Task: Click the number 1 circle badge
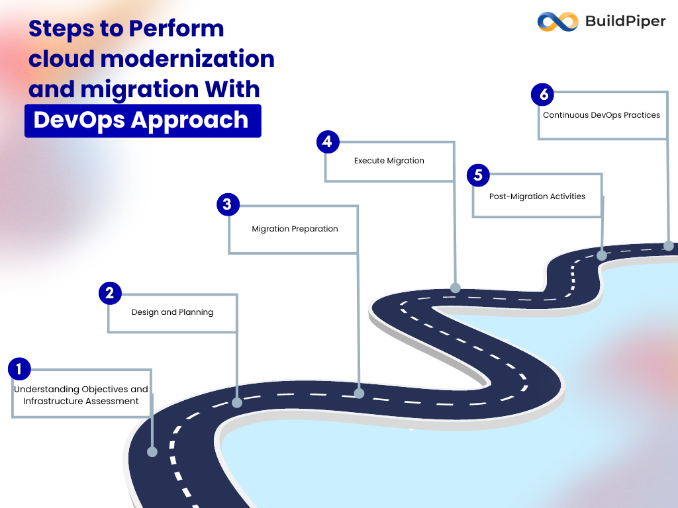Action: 20,369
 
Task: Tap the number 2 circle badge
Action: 110,293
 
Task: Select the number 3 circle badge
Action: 227,204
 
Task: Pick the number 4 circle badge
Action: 328,142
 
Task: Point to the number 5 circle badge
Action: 478,175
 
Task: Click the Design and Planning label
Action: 172,312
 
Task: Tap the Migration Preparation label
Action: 295,229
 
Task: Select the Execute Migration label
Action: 389,161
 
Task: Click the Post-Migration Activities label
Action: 537,196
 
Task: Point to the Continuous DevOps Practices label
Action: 601,115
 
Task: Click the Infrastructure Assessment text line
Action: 81,401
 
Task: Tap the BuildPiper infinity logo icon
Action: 557,21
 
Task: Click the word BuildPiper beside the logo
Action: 625,21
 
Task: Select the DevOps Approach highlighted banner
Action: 142,120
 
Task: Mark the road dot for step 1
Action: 152,452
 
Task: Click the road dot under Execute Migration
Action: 456,288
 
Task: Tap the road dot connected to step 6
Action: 668,246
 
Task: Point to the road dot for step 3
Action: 359,393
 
